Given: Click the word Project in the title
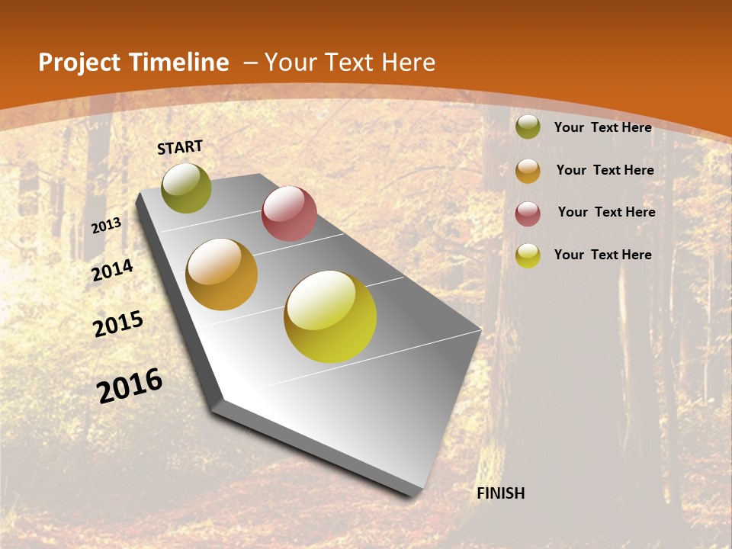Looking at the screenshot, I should point(79,63).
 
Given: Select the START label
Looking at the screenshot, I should point(180,147).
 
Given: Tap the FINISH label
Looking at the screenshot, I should point(501,493).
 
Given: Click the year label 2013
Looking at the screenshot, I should point(107,225).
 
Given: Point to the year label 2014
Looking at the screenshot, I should point(113,270).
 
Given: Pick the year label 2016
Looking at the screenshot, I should point(130,385).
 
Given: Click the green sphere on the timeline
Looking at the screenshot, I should point(187,188).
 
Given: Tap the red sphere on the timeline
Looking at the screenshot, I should point(289,213).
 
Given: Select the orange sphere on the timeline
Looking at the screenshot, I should point(222,274).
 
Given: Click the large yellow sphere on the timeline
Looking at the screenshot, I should point(330,316).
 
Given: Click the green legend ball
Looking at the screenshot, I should point(528,127).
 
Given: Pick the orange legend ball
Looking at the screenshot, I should point(528,171).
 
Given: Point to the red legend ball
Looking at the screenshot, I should point(528,213).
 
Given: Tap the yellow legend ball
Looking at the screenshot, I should point(528,255).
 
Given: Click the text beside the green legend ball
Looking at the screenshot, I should point(603,127).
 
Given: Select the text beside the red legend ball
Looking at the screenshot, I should point(606,212).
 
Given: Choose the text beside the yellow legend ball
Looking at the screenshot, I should point(603,255).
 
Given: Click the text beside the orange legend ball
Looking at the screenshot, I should point(605,170).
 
